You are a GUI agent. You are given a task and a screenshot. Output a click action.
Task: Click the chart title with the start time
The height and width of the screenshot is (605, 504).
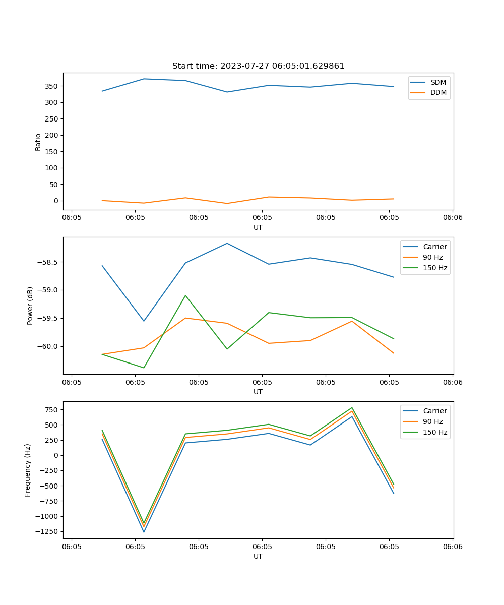258,66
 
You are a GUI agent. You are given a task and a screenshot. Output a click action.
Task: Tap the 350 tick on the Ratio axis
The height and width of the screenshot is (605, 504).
51,86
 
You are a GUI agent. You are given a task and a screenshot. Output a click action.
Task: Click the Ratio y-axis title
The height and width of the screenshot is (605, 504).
38,142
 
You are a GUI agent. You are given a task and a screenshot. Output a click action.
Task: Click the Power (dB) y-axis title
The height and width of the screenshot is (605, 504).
30,306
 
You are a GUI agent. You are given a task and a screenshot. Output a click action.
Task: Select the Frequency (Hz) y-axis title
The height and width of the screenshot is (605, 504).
28,470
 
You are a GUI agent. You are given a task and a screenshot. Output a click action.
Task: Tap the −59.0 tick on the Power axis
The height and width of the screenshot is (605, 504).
47,290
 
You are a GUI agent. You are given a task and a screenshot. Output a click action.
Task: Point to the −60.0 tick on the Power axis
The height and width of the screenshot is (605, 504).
47,346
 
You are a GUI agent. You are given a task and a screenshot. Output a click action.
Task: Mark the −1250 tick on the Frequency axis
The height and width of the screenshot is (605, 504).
46,531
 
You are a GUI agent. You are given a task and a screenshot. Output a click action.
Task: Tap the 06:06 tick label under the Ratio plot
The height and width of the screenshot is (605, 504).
452,218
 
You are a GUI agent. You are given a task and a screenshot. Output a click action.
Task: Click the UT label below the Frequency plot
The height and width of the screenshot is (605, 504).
258,556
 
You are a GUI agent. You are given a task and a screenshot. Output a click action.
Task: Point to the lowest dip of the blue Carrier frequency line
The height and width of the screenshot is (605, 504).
144,532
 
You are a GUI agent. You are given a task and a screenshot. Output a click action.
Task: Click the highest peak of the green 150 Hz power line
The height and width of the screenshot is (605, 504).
185,295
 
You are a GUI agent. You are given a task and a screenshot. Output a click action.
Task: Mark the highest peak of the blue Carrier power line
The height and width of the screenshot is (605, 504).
227,243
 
